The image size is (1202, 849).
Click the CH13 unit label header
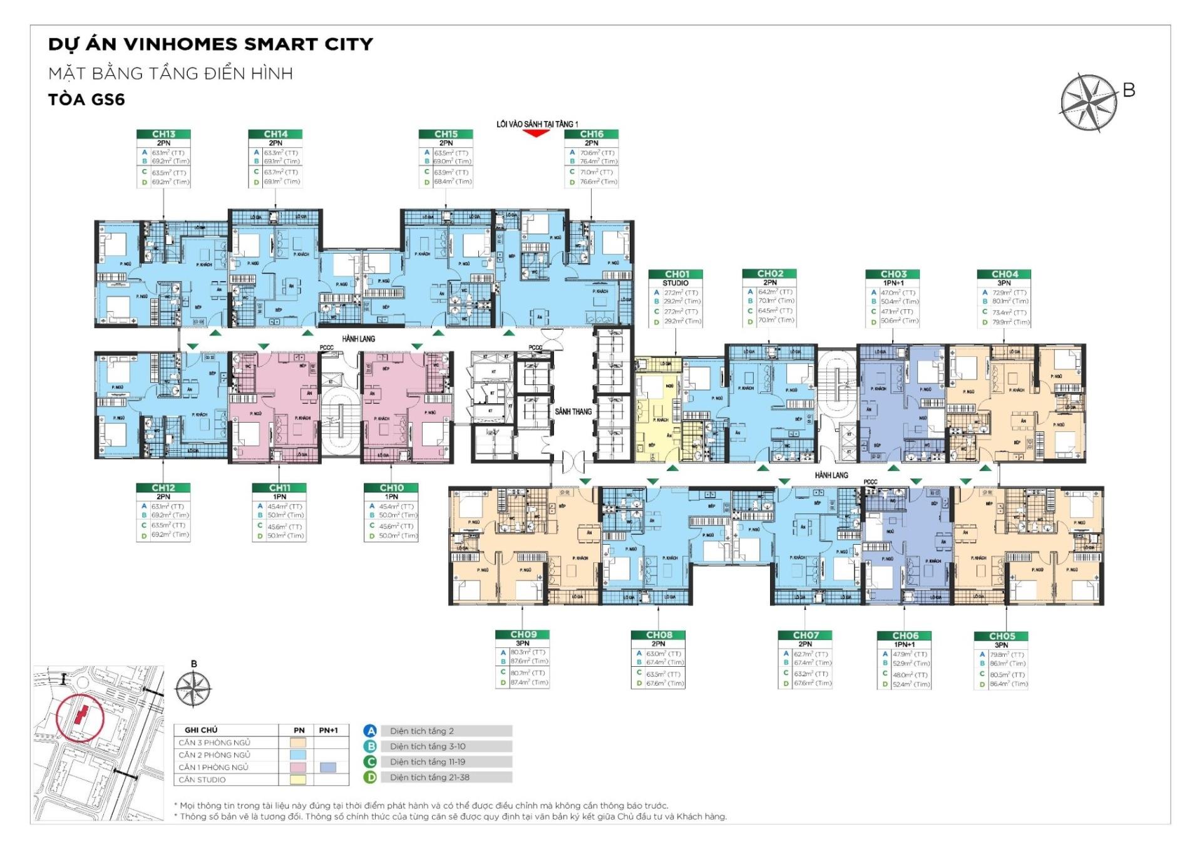tap(163, 134)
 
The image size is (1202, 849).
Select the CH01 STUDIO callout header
tap(676, 274)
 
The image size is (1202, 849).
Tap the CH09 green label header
tap(523, 634)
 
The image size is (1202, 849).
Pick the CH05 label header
tap(1002, 636)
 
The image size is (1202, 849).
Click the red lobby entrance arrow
tap(536, 133)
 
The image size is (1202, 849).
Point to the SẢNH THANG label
tap(573, 411)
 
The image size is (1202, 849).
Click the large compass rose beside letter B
tap(1089, 103)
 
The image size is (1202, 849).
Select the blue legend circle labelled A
tap(371, 731)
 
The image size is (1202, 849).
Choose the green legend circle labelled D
tap(371, 778)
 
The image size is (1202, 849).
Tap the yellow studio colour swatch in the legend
tap(299, 780)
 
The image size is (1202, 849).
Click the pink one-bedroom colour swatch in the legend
tap(299, 767)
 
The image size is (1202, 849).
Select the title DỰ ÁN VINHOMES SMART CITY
tap(210, 44)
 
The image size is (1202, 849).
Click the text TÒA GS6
tap(86, 100)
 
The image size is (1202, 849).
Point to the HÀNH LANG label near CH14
tap(358, 339)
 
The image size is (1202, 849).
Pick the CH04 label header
tap(1004, 274)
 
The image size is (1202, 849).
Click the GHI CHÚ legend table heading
tap(201, 730)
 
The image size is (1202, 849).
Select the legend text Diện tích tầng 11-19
tap(429, 762)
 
